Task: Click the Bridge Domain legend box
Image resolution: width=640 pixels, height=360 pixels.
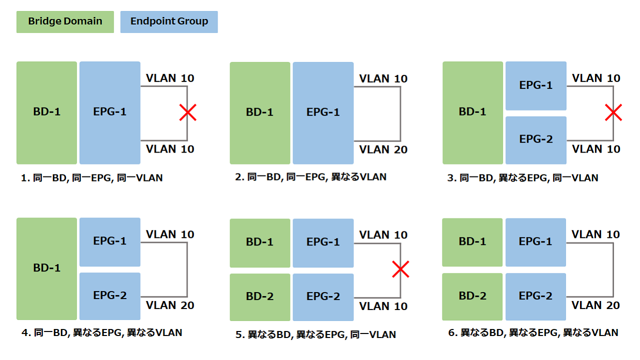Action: tap(65, 22)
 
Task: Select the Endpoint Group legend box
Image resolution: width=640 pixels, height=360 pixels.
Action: tap(169, 22)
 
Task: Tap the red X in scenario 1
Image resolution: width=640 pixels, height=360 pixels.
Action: tap(187, 112)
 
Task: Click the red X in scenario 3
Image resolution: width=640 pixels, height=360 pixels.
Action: tap(613, 112)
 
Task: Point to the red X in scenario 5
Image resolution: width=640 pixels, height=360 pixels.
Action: tap(400, 269)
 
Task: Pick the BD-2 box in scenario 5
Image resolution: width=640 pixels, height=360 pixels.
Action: tap(260, 297)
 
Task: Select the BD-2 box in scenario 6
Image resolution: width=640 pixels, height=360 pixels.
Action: tap(472, 296)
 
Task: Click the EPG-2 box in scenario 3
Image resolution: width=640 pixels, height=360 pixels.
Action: tap(536, 140)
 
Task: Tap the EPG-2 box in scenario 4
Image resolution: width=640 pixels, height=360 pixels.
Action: tap(110, 296)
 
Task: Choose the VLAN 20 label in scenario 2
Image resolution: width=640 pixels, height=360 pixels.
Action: tap(383, 149)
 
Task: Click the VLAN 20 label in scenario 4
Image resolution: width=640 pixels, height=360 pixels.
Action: tap(170, 305)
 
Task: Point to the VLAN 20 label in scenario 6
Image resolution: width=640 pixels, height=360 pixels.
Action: tap(595, 305)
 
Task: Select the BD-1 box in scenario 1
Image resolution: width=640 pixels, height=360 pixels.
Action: tap(47, 113)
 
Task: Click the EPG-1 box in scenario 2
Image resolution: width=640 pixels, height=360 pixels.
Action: tap(323, 113)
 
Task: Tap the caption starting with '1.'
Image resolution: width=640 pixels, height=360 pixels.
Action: tap(91, 178)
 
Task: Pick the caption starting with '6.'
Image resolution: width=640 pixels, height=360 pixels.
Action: tap(533, 332)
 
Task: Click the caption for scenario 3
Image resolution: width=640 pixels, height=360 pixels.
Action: tap(522, 178)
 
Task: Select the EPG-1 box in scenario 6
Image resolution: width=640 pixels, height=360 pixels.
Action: tap(535, 242)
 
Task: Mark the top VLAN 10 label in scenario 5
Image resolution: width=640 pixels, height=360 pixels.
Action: tap(383, 235)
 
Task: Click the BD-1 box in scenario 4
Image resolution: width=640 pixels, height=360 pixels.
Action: tap(47, 269)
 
